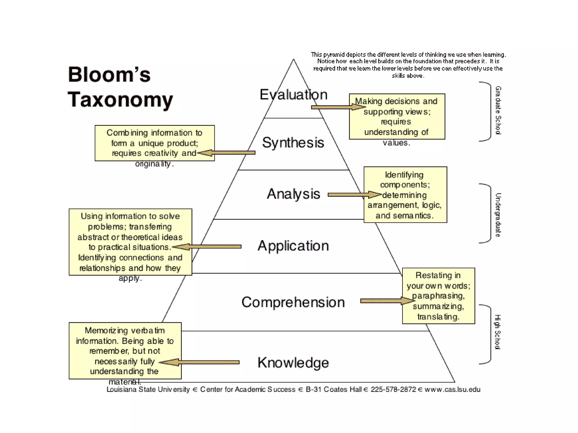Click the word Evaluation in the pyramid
[x=294, y=94]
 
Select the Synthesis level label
[x=293, y=143]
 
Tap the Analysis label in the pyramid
[x=294, y=194]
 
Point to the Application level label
[x=293, y=246]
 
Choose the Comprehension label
[x=293, y=302]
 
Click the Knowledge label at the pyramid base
[x=293, y=363]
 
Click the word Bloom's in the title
[x=109, y=75]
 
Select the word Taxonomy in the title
[x=120, y=100]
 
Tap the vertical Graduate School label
[x=498, y=110]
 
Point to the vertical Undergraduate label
[x=498, y=215]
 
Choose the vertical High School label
[x=498, y=332]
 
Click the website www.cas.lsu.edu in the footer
[x=452, y=390]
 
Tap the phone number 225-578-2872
[x=393, y=390]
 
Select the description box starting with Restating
[x=438, y=296]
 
